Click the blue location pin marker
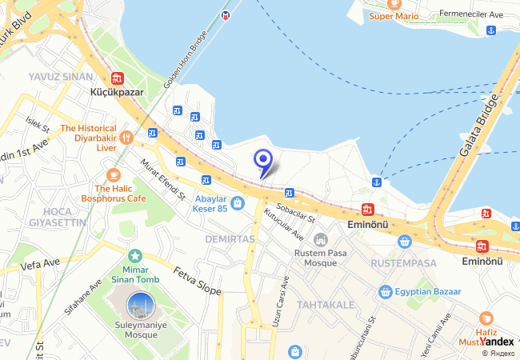click(x=262, y=162)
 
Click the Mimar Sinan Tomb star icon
click(x=135, y=255)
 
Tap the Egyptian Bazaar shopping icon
click(x=385, y=292)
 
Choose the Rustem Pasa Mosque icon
click(x=321, y=240)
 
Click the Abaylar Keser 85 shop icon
click(x=237, y=204)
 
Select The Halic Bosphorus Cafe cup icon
click(x=113, y=174)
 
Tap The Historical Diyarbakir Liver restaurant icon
click(x=126, y=138)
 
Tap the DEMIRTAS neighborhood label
click(x=230, y=239)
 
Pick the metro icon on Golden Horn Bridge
click(x=226, y=15)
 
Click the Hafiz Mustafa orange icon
click(x=486, y=318)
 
